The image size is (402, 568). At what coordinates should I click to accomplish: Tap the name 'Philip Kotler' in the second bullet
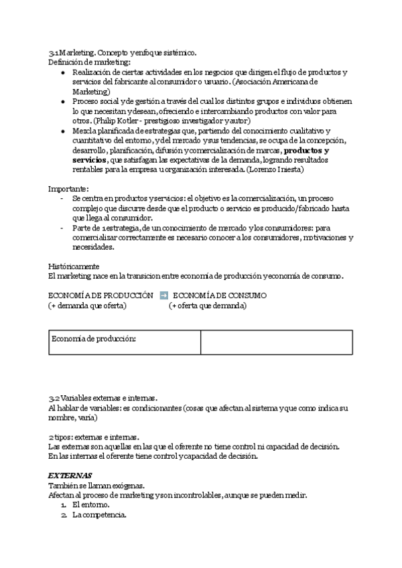coord(116,121)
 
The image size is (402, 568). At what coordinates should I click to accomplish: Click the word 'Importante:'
coord(69,189)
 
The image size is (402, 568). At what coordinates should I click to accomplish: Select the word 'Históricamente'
coord(74,266)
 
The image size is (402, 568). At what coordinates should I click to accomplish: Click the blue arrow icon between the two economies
coord(164,295)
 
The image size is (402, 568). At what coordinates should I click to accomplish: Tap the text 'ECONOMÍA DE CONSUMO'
coord(220,295)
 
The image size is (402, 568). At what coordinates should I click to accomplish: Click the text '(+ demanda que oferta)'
coord(87,305)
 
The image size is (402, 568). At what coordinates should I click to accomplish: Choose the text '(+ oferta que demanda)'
coord(208,305)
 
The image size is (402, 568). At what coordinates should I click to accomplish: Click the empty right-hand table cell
coord(276,342)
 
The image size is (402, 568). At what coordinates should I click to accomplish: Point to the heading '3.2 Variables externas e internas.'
coord(103,398)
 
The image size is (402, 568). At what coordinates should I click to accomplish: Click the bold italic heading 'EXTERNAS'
coord(70,476)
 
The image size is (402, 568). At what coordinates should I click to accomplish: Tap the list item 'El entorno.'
coord(92,504)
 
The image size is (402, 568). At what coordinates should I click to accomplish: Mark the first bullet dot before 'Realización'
coord(63,72)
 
